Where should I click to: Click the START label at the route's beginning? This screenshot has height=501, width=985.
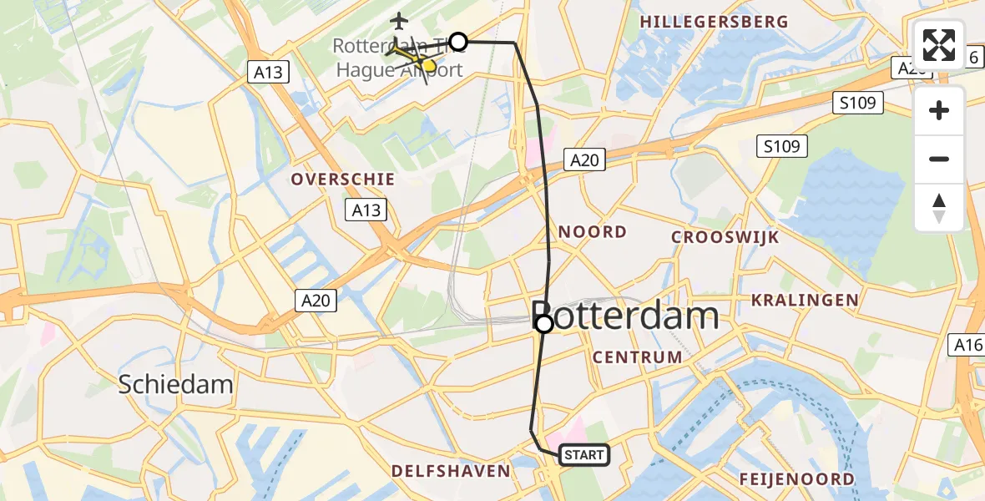point(583,455)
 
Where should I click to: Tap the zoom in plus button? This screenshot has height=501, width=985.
point(939,110)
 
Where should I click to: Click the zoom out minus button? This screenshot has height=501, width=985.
point(939,159)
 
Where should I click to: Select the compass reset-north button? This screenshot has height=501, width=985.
point(939,207)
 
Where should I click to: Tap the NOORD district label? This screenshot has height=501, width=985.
point(593,232)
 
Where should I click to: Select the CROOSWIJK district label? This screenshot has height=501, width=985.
point(725,237)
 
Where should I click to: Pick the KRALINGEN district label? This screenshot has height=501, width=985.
point(804,300)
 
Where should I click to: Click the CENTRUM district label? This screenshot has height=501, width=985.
point(637,357)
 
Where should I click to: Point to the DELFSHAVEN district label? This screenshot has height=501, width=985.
point(452,471)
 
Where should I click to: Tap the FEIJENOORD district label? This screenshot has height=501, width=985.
point(797,479)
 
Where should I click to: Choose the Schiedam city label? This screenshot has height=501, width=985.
point(175,384)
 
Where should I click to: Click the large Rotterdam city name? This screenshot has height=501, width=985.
point(625,316)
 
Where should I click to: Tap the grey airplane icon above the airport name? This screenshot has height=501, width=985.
point(400,19)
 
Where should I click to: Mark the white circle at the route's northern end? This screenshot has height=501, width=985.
point(458,41)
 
